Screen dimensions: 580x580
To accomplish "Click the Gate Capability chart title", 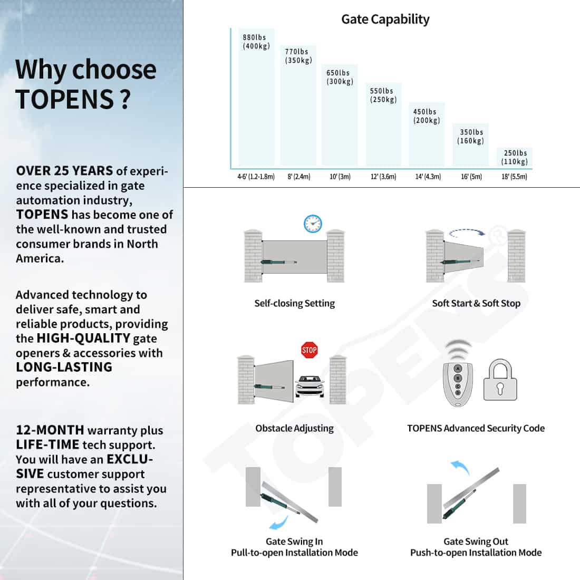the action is pyautogui.click(x=385, y=19).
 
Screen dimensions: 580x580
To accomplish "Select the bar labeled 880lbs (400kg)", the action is pyautogui.click(x=256, y=97).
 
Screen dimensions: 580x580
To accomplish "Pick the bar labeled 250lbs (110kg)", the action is pyautogui.click(x=514, y=157).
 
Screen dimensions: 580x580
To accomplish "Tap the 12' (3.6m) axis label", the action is pyautogui.click(x=383, y=177).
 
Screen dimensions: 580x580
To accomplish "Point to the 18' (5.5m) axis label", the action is pyautogui.click(x=514, y=177).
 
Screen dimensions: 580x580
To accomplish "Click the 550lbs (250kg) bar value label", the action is pyautogui.click(x=383, y=95).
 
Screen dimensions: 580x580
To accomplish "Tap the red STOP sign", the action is pyautogui.click(x=309, y=350).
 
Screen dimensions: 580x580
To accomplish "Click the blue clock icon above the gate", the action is pyautogui.click(x=313, y=224).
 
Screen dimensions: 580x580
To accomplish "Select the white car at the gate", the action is pyautogui.click(x=310, y=386).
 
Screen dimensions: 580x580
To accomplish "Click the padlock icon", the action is pyautogui.click(x=500, y=380).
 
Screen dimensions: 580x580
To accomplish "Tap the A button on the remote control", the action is pyautogui.click(x=458, y=369).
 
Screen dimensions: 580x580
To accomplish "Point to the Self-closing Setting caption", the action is pyautogui.click(x=294, y=303).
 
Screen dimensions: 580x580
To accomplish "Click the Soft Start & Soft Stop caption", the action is pyautogui.click(x=476, y=303).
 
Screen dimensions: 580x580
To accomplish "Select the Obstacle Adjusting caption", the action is pyautogui.click(x=294, y=428).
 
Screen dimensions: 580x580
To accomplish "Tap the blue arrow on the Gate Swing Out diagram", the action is pyautogui.click(x=460, y=467).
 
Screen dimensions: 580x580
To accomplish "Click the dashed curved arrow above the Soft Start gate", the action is pyautogui.click(x=467, y=231).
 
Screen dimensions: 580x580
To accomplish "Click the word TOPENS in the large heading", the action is pyautogui.click(x=64, y=100).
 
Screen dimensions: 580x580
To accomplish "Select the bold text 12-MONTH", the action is pyautogui.click(x=50, y=430).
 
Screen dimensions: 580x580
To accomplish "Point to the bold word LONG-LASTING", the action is pyautogui.click(x=64, y=367).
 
